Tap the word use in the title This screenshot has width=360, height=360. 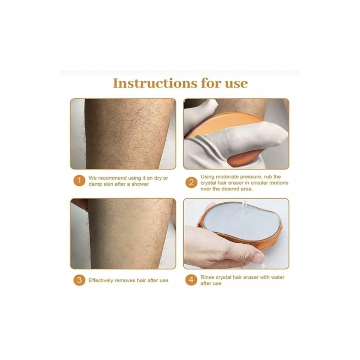tap(236, 84)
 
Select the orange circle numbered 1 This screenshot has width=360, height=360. tap(79, 181)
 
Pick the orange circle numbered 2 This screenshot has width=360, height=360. tap(191, 183)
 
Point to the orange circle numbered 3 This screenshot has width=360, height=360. tap(79, 280)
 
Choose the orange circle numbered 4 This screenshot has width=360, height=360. tap(191, 280)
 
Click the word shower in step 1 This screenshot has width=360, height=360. tap(140, 184)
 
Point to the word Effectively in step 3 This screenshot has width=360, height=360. tap(101, 280)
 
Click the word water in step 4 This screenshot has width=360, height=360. tap(277, 277)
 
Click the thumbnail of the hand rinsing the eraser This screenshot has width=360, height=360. tap(236, 234)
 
